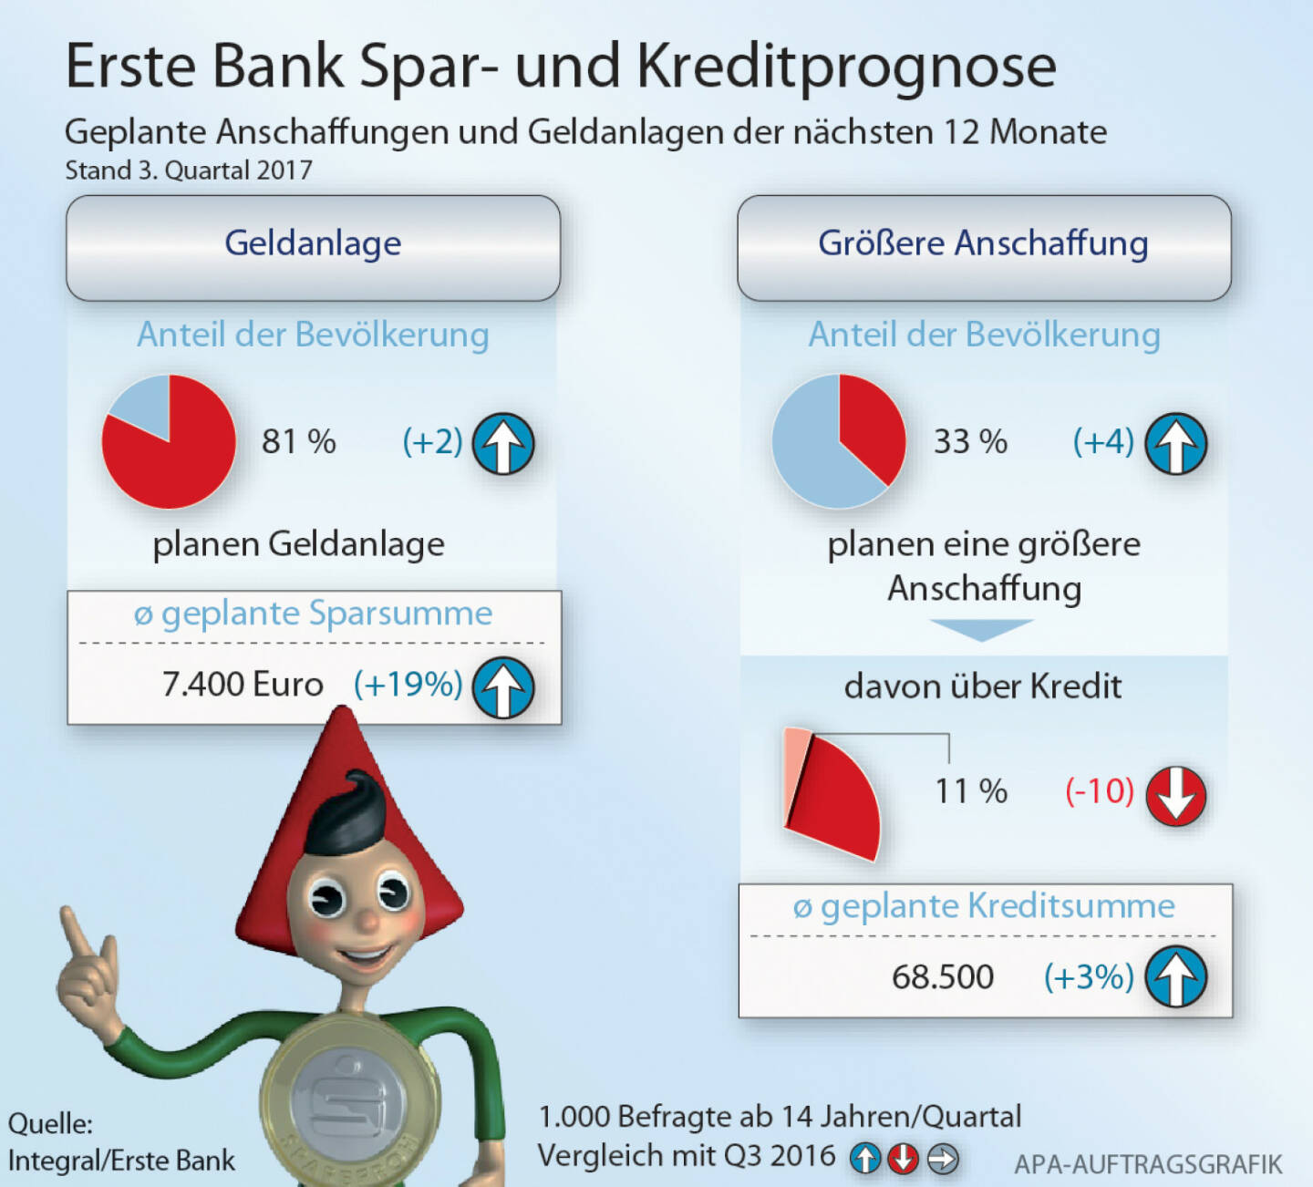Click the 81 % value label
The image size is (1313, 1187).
[x=298, y=442]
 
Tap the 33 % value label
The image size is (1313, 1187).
[x=970, y=442]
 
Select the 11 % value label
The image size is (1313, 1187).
[x=971, y=791]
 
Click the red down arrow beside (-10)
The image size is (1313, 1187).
[x=1176, y=796]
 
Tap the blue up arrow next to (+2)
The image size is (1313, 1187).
[x=503, y=444]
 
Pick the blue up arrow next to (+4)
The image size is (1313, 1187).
[x=1176, y=444]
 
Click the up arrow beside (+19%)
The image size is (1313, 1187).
[x=503, y=687]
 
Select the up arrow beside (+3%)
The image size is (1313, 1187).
[x=1176, y=977]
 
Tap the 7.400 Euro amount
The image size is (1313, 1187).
[x=243, y=685]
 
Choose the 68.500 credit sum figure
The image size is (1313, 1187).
[x=943, y=977]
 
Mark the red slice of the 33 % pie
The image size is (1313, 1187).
[x=872, y=424]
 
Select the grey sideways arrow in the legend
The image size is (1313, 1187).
[x=943, y=1159]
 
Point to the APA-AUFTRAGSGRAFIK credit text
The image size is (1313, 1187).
[x=1148, y=1164]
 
